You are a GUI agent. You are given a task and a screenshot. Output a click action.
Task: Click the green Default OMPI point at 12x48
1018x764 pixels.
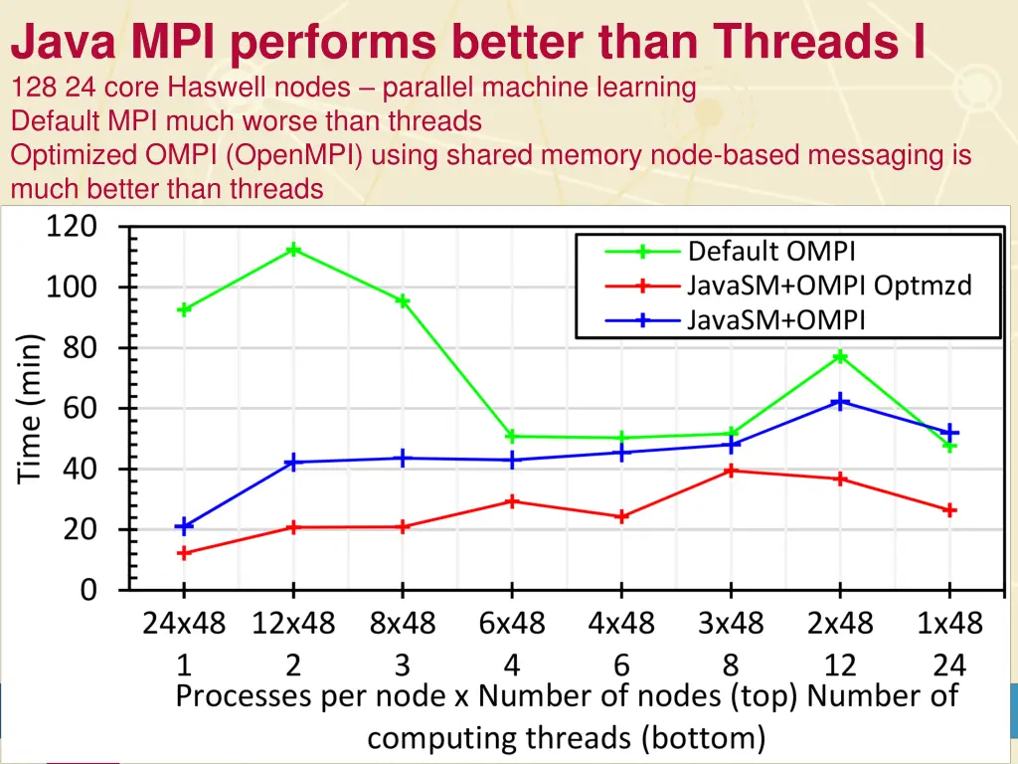[x=293, y=250]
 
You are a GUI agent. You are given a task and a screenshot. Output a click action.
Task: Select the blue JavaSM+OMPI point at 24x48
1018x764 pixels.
[x=184, y=526]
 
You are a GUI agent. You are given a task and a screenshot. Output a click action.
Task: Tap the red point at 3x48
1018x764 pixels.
[x=731, y=471]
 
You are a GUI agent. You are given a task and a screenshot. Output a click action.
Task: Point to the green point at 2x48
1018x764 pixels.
[x=840, y=356]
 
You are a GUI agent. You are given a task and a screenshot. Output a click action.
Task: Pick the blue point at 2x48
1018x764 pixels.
[x=840, y=401]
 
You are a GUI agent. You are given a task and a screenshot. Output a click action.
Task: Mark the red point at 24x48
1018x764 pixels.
[x=184, y=553]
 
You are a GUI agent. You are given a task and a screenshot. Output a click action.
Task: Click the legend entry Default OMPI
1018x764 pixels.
[x=770, y=251]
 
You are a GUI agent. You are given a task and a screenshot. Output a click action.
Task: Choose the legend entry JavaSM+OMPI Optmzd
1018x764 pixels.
[x=828, y=286]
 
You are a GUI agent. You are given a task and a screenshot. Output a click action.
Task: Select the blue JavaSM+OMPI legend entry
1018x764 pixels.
[x=775, y=320]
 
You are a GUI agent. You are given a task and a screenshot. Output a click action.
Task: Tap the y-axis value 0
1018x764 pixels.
[x=89, y=591]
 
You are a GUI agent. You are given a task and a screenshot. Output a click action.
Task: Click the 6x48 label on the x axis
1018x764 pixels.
[x=512, y=625]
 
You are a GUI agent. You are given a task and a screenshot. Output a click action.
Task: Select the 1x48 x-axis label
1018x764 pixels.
[x=949, y=625]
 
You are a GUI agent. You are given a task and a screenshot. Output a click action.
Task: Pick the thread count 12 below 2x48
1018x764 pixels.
[x=840, y=665]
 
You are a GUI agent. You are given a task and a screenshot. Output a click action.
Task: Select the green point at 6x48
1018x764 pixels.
[x=512, y=436]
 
